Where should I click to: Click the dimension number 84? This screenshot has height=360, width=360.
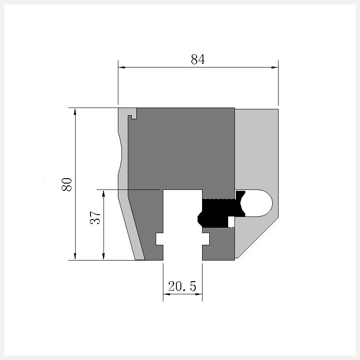click(198, 59)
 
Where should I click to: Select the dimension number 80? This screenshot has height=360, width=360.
click(67, 184)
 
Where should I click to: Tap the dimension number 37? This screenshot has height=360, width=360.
click(95, 217)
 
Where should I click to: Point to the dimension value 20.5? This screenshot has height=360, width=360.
click(182, 286)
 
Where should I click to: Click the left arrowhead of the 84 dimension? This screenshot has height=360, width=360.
click(121, 67)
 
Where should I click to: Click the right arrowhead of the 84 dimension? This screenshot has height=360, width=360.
click(274, 67)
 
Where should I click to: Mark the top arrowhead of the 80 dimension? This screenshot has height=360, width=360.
click(75, 112)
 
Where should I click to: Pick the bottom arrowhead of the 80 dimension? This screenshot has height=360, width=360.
click(75, 256)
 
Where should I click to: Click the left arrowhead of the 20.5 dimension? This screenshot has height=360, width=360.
click(166, 294)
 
